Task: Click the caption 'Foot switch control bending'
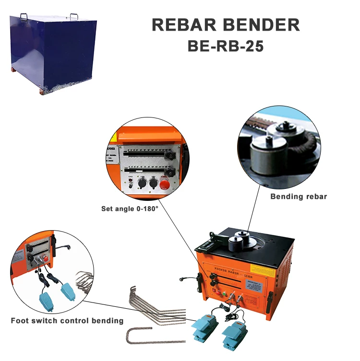click(x=67, y=320)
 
